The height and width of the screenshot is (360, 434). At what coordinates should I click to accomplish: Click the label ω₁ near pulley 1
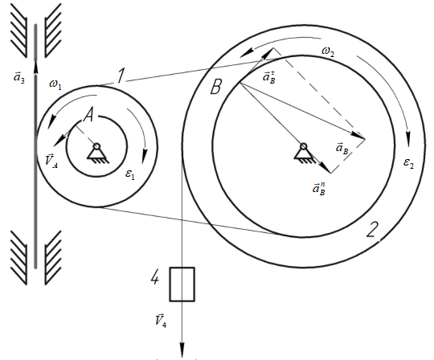pos(55,84)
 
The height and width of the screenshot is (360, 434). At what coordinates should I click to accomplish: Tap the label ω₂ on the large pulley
pos(328,51)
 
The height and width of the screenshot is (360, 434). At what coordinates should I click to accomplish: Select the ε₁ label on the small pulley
pos(130,174)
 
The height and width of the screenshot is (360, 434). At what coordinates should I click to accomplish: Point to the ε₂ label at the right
pos(408,162)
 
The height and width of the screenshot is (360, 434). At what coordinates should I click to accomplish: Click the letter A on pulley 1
pos(89,115)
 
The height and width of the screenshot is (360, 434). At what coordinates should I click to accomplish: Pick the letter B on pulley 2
pos(216,87)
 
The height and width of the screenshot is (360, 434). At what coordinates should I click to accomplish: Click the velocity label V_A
pos(51,161)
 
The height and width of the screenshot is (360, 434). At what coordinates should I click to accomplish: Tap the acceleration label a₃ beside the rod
pos(19,77)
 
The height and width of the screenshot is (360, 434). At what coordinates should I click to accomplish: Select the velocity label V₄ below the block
pos(161,321)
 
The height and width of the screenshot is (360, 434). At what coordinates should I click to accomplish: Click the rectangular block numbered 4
pos(182,284)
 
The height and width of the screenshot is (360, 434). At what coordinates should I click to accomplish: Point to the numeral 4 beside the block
pos(155,277)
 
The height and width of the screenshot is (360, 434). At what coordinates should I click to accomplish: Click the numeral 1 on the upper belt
pos(120,76)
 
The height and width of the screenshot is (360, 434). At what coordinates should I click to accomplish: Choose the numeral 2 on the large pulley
pos(372,229)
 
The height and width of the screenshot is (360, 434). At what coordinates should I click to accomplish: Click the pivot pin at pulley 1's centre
pos(96,146)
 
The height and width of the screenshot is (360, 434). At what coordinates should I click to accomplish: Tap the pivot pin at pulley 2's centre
pos(304,146)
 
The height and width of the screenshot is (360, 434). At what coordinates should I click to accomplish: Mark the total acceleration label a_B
pos(342,148)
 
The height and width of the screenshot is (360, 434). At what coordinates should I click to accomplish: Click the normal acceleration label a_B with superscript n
pos(319,189)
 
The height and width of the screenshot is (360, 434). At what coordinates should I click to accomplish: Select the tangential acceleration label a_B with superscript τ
pos(269,76)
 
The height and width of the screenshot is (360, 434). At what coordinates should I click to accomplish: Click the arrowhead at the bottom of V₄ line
pos(182,350)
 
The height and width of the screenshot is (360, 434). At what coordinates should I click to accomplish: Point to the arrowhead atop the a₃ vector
pos(35,67)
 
